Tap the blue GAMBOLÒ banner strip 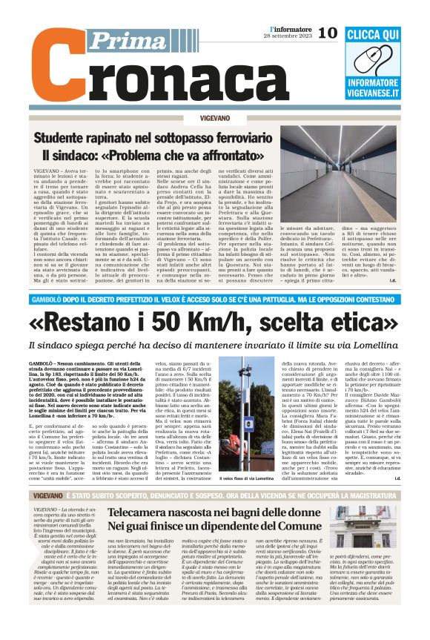215,300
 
